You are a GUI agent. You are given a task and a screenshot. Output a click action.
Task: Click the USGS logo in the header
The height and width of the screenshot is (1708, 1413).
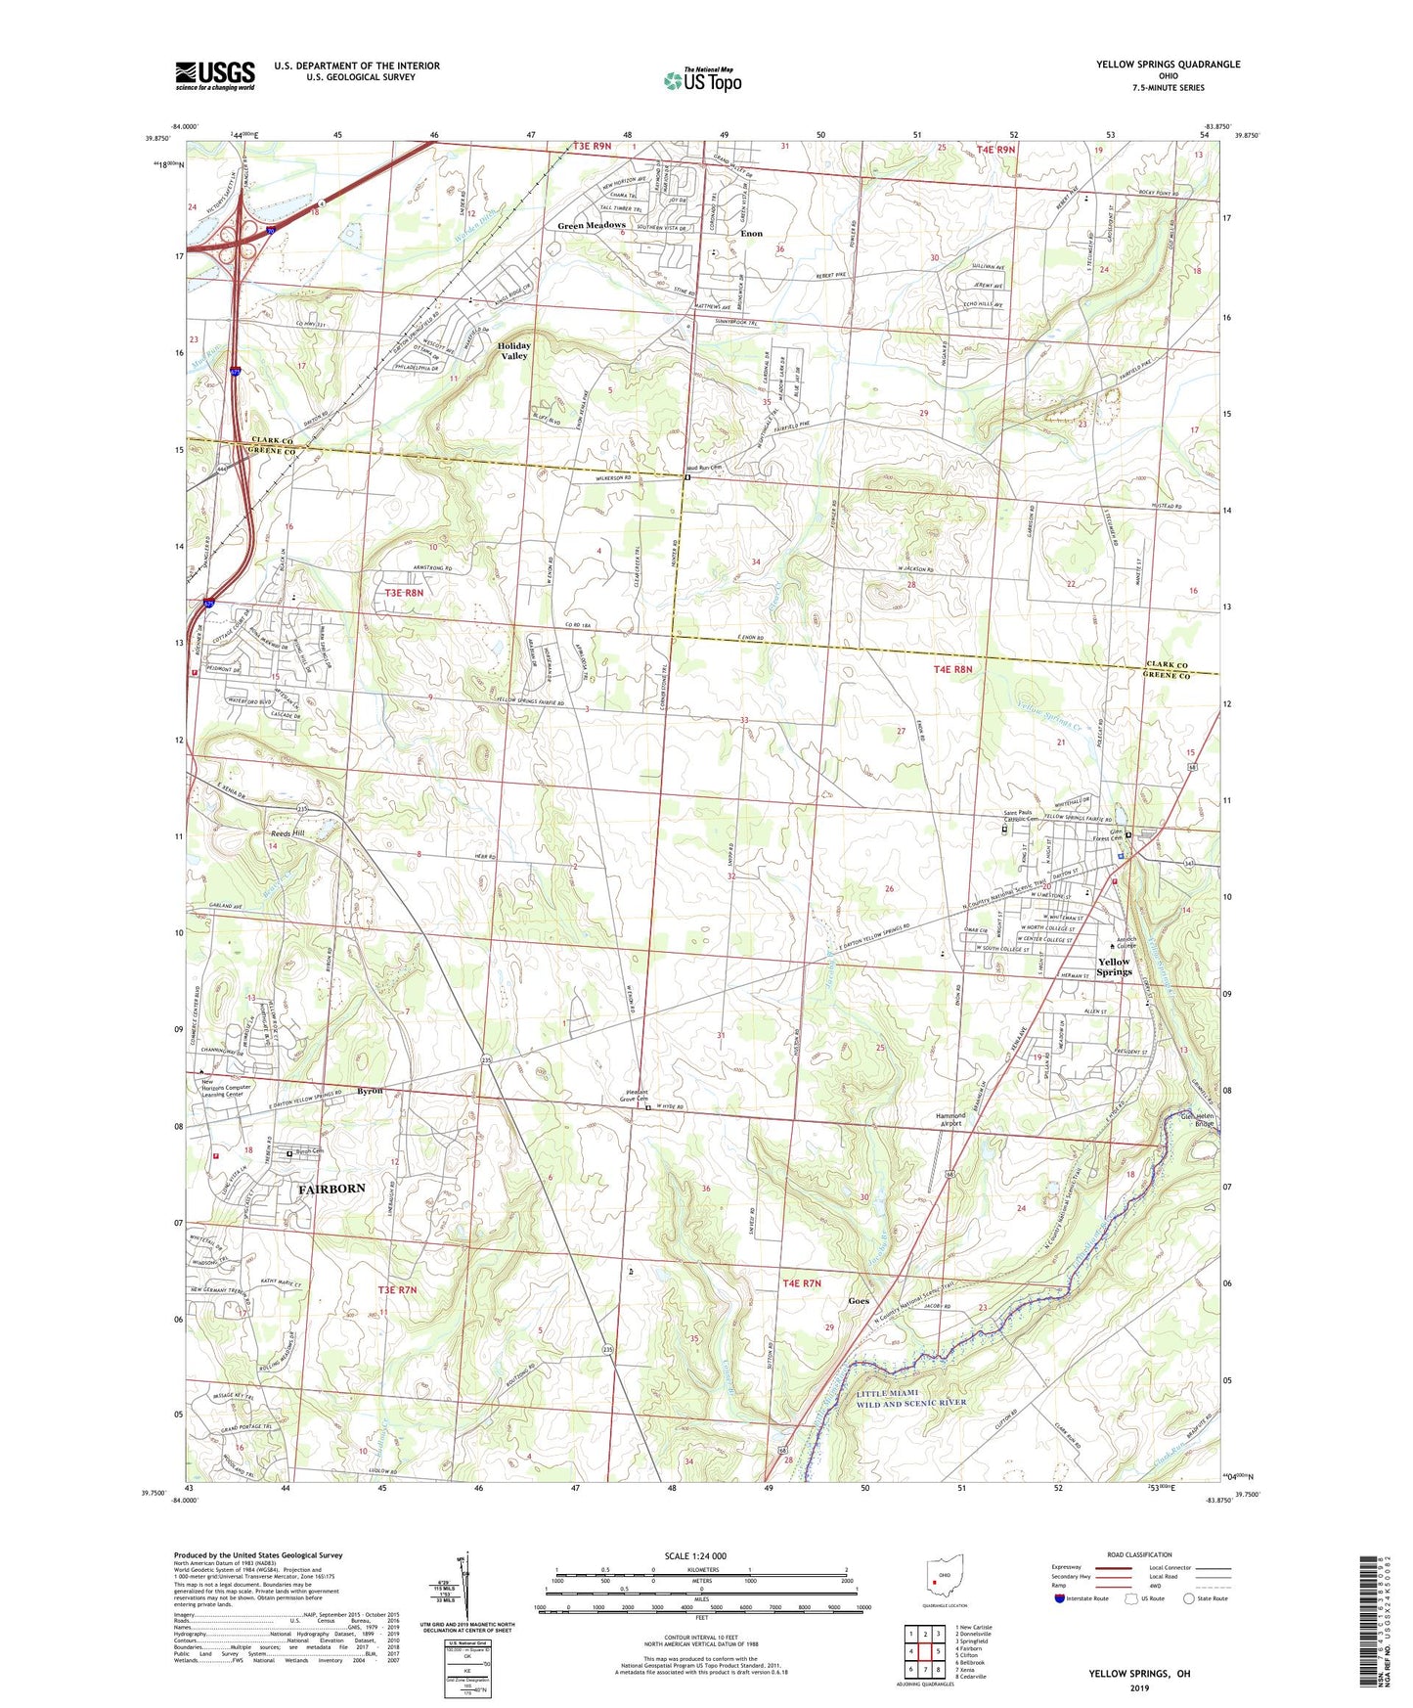click(x=215, y=75)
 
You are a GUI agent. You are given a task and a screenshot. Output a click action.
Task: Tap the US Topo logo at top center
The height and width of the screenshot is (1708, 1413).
click(x=702, y=80)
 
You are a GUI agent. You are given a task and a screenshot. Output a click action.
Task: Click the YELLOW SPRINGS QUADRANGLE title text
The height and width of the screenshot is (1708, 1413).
click(x=1168, y=65)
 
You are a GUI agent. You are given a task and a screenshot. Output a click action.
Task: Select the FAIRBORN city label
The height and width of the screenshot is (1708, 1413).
click(x=331, y=1189)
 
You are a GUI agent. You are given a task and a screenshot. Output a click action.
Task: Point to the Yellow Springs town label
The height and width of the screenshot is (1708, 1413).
click(x=1113, y=966)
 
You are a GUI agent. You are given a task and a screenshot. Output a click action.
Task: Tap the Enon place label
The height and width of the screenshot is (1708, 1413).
click(x=751, y=234)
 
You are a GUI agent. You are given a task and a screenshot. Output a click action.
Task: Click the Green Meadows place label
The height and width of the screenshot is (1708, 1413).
click(x=591, y=226)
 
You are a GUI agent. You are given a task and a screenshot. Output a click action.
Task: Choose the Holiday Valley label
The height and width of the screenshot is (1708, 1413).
click(x=514, y=351)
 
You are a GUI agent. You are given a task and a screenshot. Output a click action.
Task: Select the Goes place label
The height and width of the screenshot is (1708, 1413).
click(x=859, y=1301)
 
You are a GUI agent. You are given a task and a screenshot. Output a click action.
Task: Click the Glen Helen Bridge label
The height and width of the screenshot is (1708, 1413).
click(x=1197, y=1119)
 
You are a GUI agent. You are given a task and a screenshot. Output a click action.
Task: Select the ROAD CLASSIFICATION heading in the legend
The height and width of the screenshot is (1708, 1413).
click(x=1139, y=1554)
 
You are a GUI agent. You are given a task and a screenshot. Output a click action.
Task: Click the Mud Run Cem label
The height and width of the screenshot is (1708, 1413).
click(x=703, y=469)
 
